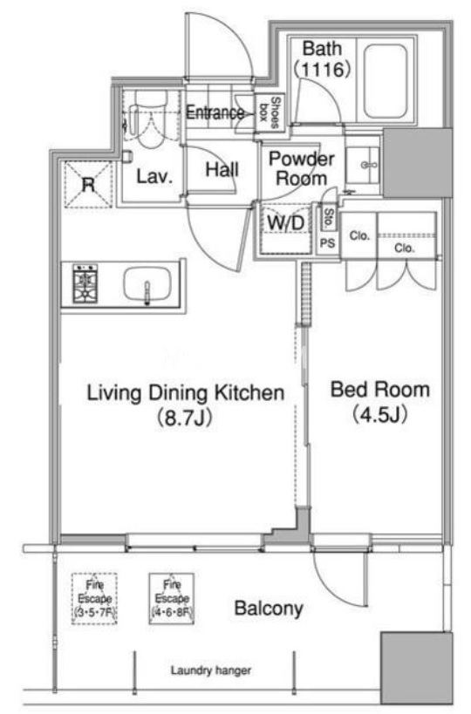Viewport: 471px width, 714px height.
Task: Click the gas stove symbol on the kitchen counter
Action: (85, 283)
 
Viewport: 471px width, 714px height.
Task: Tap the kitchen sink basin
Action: (147, 284)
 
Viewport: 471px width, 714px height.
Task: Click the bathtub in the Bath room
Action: (386, 81)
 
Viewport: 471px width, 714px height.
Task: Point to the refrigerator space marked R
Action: (88, 185)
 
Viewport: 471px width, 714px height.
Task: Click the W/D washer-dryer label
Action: (285, 223)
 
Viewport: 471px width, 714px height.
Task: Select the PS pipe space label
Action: (327, 243)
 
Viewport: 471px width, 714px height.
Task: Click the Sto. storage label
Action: (327, 218)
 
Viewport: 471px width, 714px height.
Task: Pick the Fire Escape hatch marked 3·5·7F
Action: (94, 598)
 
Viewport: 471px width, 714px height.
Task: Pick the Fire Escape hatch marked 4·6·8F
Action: (172, 598)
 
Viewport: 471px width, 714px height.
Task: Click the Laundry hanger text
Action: (211, 670)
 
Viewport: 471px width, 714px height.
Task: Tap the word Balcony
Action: (269, 609)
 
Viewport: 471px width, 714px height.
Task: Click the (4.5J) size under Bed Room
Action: (380, 414)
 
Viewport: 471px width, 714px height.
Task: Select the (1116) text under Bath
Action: (323, 70)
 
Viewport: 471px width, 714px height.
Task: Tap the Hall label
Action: (222, 170)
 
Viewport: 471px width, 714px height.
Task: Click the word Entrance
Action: (215, 112)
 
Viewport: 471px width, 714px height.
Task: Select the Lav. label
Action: (155, 177)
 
